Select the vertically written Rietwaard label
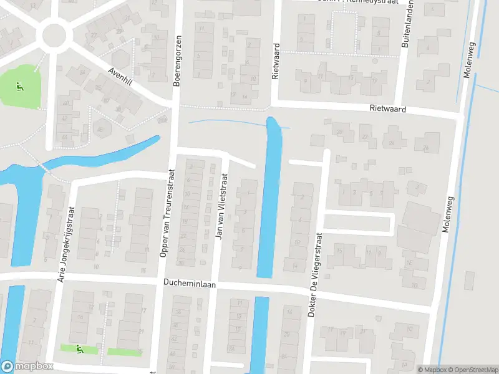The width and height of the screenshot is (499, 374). (275, 62)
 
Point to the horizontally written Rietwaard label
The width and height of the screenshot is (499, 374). (387, 109)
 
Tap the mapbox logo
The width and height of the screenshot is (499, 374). (27, 367)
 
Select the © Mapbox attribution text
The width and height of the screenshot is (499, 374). (432, 370)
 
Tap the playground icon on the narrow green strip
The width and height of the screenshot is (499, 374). (79, 350)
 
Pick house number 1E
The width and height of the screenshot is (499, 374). (410, 264)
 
